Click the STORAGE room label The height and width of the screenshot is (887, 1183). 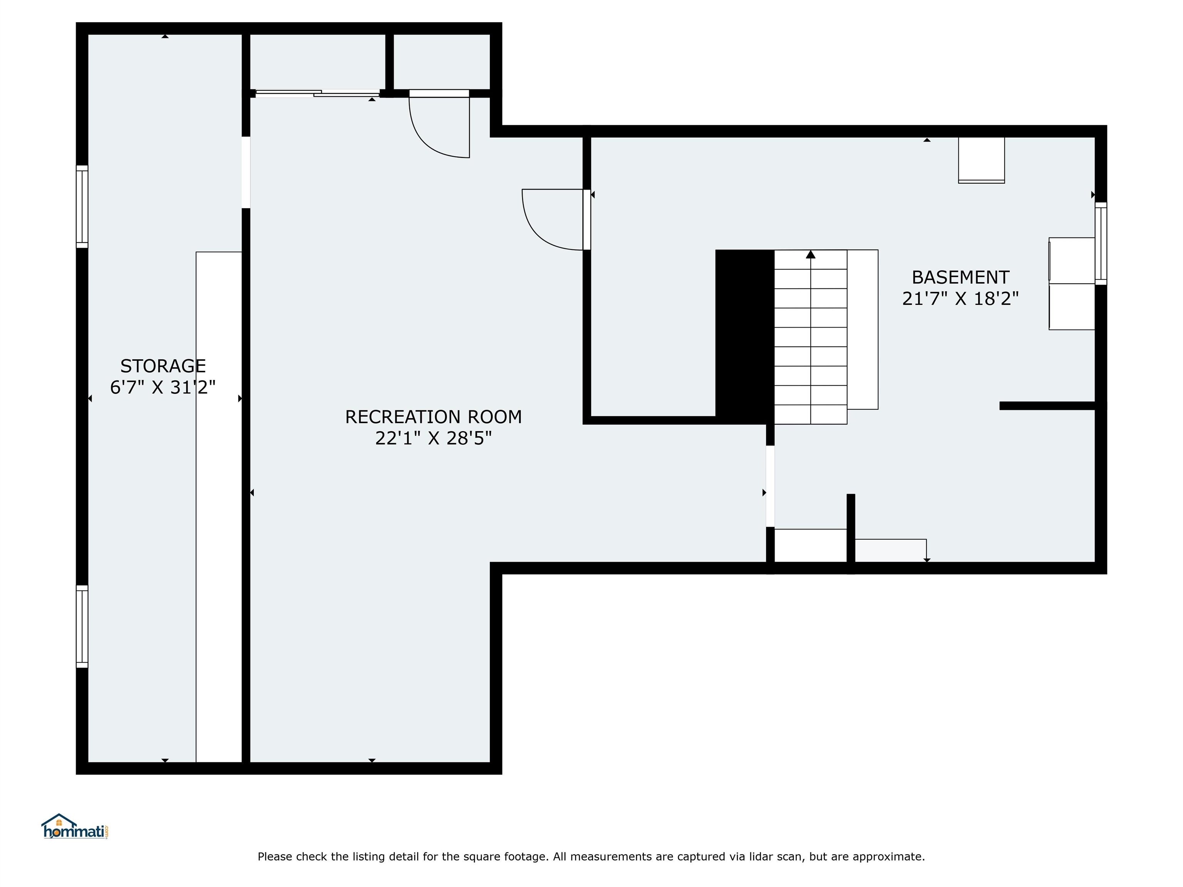coord(163,366)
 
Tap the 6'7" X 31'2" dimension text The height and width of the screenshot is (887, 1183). coord(163,387)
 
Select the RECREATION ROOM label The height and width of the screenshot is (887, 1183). coord(433,417)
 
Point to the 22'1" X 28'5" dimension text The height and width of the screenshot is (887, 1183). coord(433,438)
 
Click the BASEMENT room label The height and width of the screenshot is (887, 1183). coord(960,278)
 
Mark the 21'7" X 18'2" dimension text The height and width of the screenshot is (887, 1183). coord(960,298)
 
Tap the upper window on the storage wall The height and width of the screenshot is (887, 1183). coord(82,207)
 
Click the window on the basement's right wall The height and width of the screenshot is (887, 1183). coord(1101,244)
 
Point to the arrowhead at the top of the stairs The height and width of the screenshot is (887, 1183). coord(811,254)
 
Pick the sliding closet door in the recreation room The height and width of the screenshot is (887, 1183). coord(318,94)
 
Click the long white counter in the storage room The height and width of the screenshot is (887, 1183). coord(219,507)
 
